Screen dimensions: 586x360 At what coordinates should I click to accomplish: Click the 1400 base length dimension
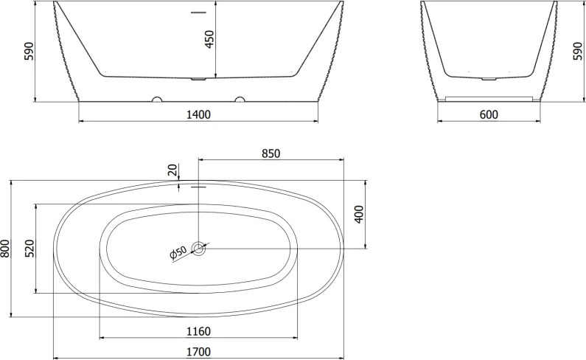[198, 114]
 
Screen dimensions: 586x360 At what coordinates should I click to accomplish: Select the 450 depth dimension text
[209, 39]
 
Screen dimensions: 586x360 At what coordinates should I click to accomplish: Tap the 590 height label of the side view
[29, 51]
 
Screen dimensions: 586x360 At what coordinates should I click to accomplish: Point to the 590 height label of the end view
[577, 51]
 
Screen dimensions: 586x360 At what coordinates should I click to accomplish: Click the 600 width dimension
[489, 114]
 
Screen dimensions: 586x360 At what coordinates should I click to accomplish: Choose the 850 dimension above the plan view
[271, 153]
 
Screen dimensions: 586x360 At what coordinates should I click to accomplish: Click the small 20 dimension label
[172, 170]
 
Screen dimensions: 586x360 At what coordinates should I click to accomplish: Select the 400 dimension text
[359, 215]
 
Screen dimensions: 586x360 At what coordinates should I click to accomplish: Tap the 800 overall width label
[4, 249]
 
